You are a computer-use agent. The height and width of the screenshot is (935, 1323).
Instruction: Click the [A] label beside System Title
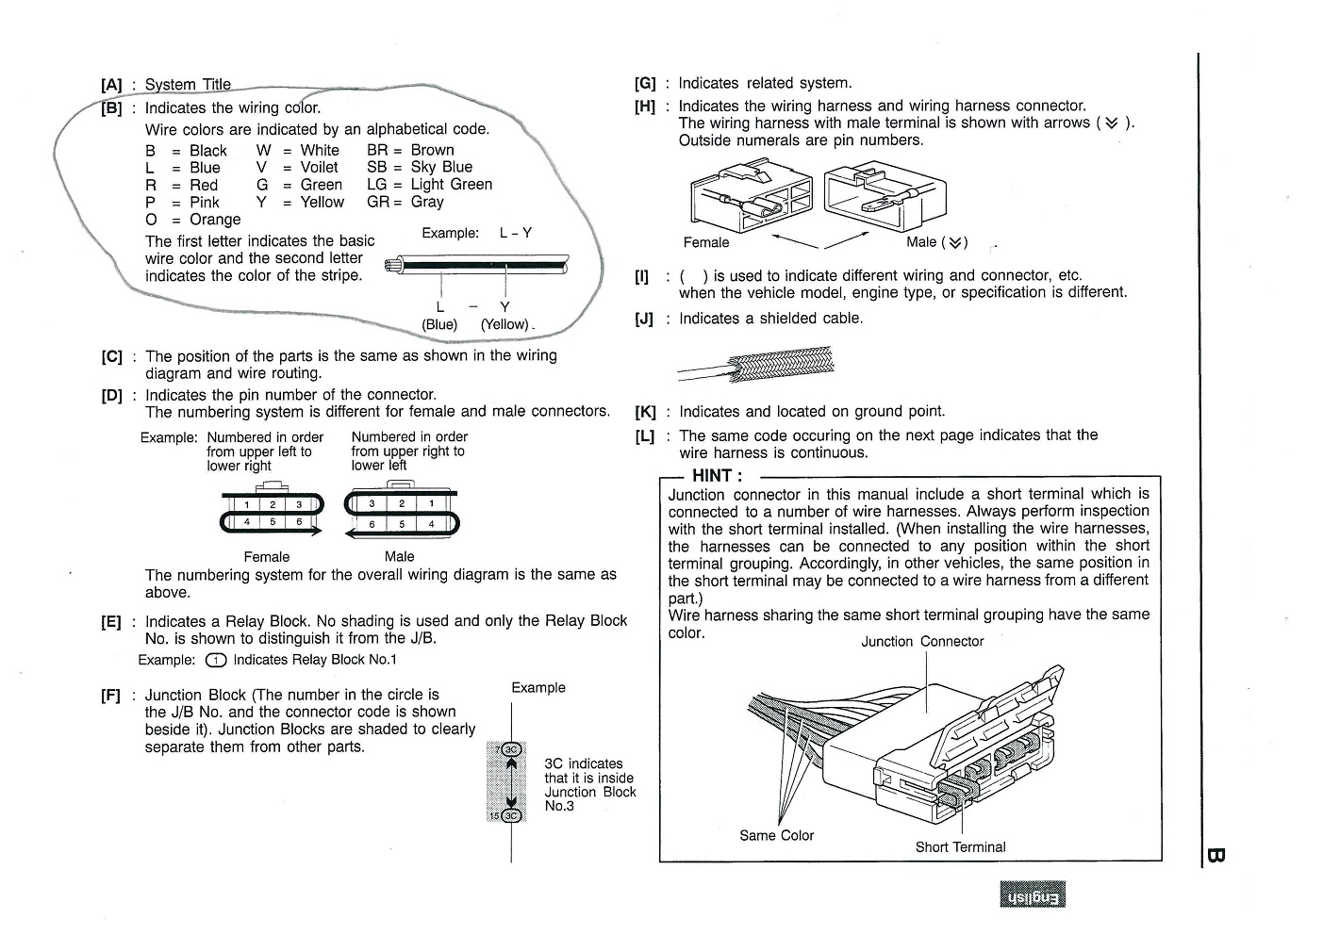click(x=111, y=85)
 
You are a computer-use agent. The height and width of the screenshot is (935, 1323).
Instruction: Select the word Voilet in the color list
click(x=319, y=168)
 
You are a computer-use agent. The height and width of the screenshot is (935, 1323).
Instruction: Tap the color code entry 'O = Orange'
click(x=193, y=220)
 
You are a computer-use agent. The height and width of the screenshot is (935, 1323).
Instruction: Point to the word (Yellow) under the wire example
click(x=504, y=324)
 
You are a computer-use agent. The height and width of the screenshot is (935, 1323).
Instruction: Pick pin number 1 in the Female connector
click(x=247, y=505)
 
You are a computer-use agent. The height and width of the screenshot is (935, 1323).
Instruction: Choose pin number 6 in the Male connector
click(x=372, y=523)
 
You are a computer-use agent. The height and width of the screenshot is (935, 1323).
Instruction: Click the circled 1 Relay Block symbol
click(x=216, y=660)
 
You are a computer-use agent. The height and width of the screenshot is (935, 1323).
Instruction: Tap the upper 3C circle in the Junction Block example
click(x=512, y=750)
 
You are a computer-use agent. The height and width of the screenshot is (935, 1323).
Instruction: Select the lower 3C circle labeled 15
click(x=512, y=815)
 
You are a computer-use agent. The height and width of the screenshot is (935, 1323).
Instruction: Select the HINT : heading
click(x=717, y=476)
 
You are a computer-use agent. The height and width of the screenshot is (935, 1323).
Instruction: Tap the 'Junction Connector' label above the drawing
click(x=921, y=642)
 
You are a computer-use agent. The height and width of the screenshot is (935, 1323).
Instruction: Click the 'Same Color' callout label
click(x=776, y=835)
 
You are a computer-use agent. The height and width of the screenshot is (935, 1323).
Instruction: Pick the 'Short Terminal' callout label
click(x=960, y=847)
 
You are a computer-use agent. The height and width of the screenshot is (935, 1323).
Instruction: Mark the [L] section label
click(x=645, y=436)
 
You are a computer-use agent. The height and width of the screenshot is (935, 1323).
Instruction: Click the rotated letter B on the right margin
click(x=1215, y=856)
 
